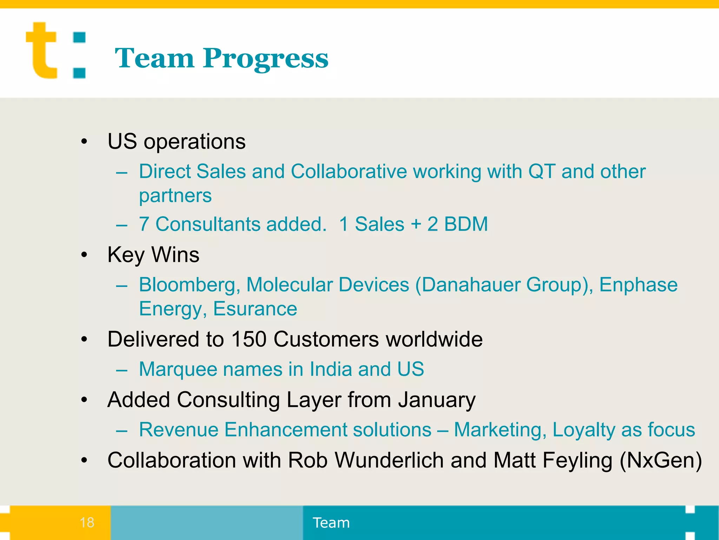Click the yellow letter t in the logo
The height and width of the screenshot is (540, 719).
click(x=41, y=51)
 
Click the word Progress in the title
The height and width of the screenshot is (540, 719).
click(x=265, y=59)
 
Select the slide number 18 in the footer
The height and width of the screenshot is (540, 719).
click(x=87, y=522)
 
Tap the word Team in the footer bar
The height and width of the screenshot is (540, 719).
click(x=331, y=523)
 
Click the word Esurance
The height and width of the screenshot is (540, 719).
click(x=255, y=309)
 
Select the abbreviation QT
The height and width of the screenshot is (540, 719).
click(x=542, y=172)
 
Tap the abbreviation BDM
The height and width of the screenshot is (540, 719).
click(x=466, y=224)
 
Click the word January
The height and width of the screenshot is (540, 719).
click(x=437, y=400)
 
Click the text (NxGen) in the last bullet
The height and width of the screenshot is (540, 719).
click(x=661, y=460)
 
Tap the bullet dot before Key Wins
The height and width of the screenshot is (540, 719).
click(x=84, y=255)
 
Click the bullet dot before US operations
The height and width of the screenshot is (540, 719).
click(x=84, y=142)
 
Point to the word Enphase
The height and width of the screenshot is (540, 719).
click(x=638, y=285)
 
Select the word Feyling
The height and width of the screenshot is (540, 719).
click(x=577, y=460)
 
